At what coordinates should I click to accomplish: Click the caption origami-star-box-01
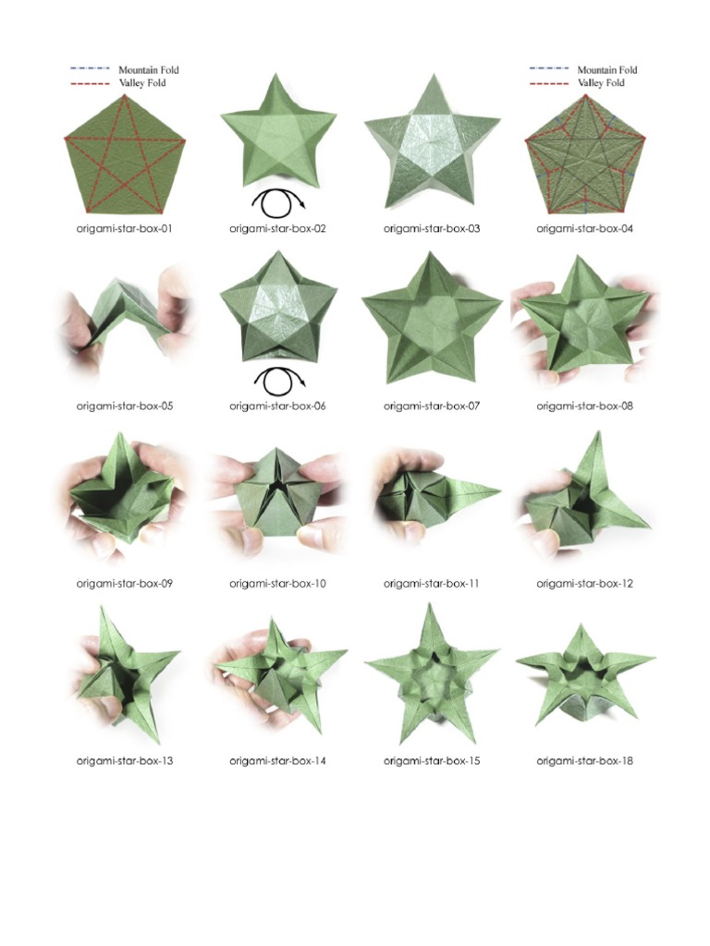(x=125, y=229)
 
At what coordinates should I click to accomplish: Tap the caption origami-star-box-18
(x=584, y=761)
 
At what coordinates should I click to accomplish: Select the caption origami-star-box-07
(x=432, y=406)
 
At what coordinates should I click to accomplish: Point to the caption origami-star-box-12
(x=584, y=584)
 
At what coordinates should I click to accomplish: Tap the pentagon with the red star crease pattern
(x=125, y=153)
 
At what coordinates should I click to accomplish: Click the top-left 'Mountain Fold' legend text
(x=149, y=70)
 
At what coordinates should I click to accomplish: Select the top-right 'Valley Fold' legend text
(x=601, y=83)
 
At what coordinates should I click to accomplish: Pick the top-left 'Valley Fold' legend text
(x=141, y=83)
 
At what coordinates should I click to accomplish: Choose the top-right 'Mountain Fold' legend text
(x=607, y=70)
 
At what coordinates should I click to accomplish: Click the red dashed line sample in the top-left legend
(x=91, y=83)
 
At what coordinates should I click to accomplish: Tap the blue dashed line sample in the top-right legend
(x=549, y=68)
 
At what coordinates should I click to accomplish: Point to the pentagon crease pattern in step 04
(x=584, y=153)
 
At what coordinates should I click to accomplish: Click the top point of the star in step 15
(x=430, y=603)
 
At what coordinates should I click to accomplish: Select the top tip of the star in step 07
(x=430, y=252)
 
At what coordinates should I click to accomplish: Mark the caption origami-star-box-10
(x=277, y=584)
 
